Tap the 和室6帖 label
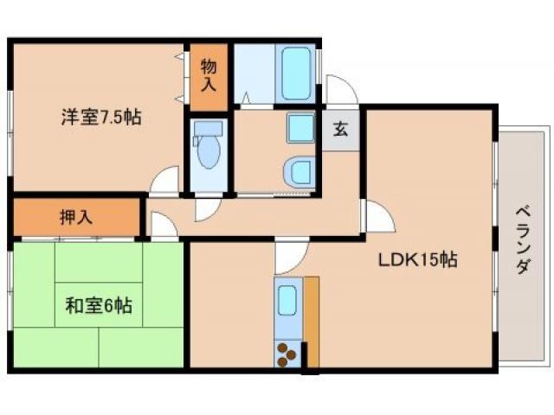[99, 305]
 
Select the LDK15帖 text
[415, 259]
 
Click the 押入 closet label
[75, 216]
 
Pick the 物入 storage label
[209, 74]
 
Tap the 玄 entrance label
[341, 131]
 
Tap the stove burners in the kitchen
[287, 353]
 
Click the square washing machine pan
[300, 129]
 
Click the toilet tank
[209, 130]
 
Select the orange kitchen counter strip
[311, 320]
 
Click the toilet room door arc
[208, 208]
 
